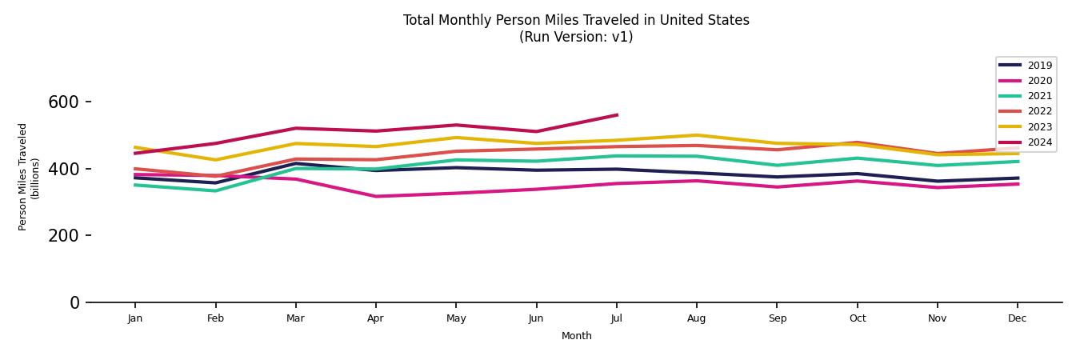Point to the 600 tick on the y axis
pos(63,102)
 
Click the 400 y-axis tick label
pos(63,169)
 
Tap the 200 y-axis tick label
pos(63,236)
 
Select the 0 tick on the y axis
pos(74,302)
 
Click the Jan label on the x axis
pos(134,318)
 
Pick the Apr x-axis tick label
pos(375,318)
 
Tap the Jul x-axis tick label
pos(616,318)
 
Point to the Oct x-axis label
pos(857,318)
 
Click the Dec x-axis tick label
pos(1017,318)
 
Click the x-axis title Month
pos(576,336)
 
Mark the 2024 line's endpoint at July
pos(616,115)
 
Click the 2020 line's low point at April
pos(375,196)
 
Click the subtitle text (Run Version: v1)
pos(576,37)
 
